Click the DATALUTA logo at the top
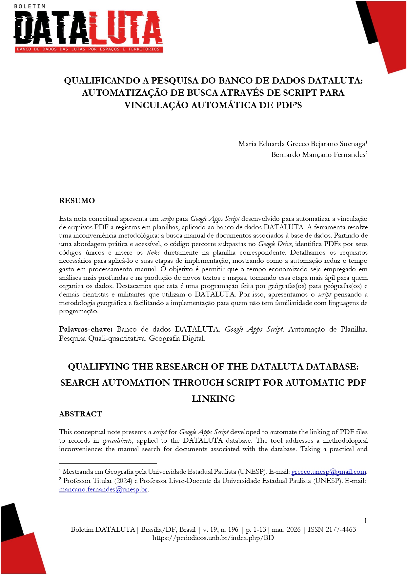coord(88,28)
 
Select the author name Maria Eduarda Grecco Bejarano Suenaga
coord(301,144)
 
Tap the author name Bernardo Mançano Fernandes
coord(318,155)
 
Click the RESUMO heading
coord(77,201)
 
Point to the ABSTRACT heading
coord(80,414)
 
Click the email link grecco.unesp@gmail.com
coord(329,472)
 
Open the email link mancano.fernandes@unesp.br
coord(103,489)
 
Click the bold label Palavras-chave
coord(86,329)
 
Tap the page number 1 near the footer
coord(365,521)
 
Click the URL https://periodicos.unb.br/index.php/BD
coord(213,538)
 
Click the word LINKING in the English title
coord(214,399)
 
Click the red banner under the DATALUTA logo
coord(88,49)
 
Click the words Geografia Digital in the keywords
coord(177,338)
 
